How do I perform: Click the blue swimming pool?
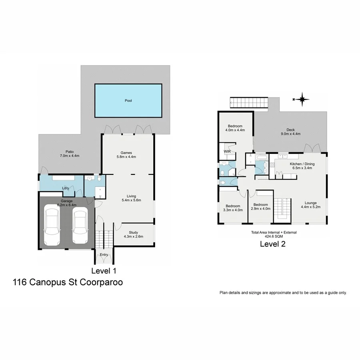[x=128, y=100]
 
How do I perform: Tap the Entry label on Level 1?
[x=104, y=255]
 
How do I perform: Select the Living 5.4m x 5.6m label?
[x=132, y=198]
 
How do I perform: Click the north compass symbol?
[x=303, y=98]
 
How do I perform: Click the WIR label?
[x=227, y=152]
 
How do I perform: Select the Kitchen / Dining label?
[x=302, y=166]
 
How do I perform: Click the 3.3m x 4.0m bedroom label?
[x=232, y=208]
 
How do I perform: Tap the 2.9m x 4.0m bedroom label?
[x=261, y=206]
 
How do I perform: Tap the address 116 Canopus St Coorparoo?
[x=68, y=282]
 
